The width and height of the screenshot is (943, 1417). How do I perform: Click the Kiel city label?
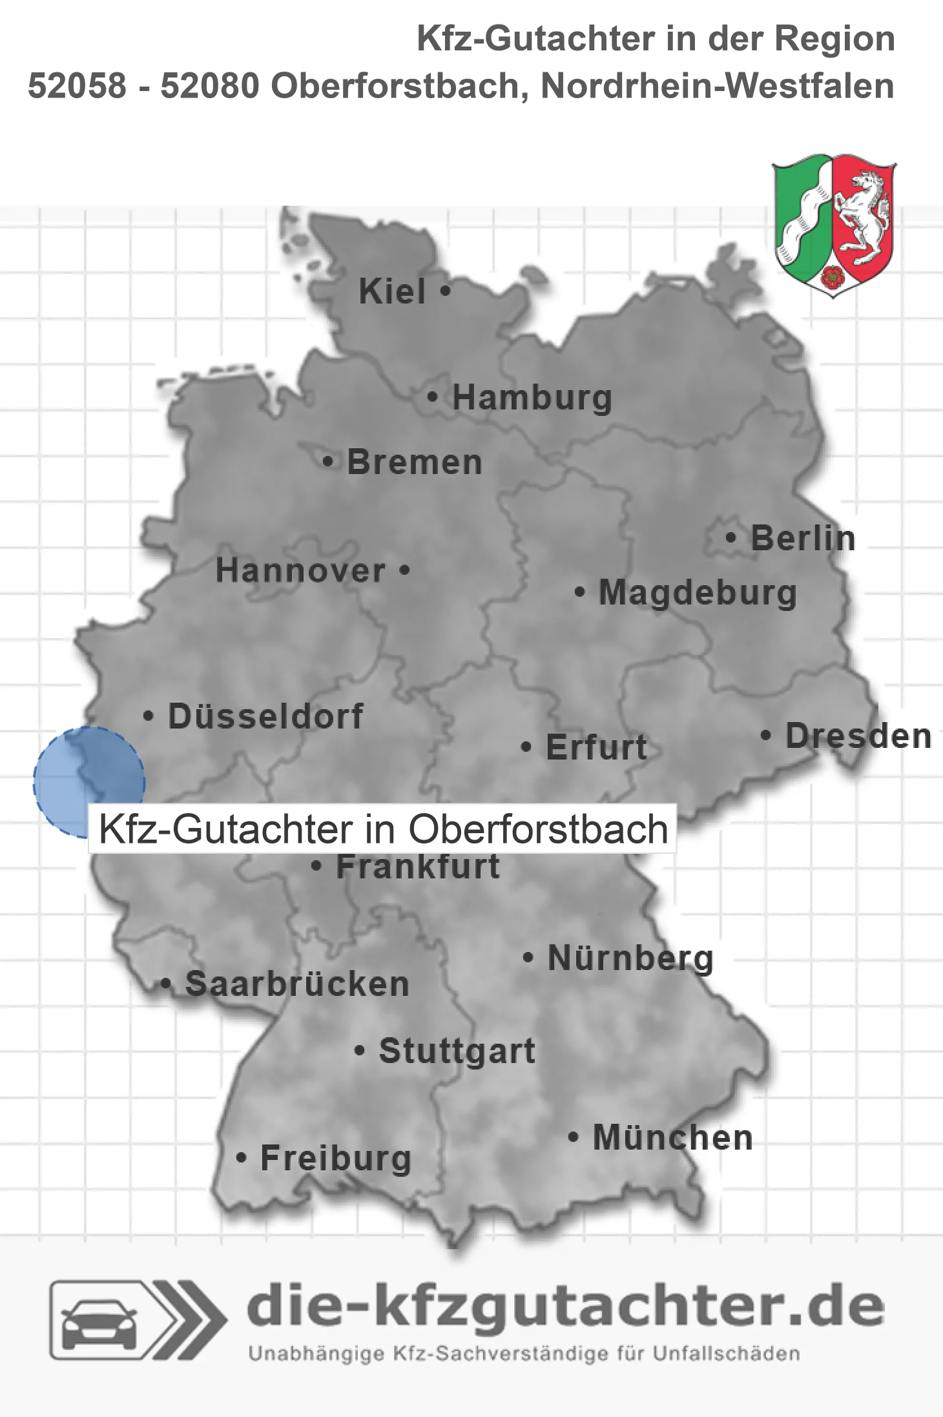[x=392, y=291]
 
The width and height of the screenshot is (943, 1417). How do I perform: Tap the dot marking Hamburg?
[x=432, y=397]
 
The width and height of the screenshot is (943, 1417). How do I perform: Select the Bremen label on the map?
[x=415, y=462]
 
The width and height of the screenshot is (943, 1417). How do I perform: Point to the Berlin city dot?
[x=731, y=537]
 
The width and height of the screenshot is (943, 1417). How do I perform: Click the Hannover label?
[x=300, y=571]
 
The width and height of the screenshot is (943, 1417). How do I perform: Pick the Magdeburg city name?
[x=698, y=593]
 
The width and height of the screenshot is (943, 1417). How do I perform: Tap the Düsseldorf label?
[x=265, y=716]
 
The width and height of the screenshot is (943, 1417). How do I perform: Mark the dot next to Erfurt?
[x=526, y=747]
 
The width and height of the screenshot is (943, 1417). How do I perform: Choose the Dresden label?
[x=858, y=736]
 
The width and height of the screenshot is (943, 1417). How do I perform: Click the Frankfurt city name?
[x=418, y=867]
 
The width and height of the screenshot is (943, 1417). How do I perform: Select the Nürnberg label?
[x=630, y=958]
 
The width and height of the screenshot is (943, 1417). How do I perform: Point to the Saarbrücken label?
[x=297, y=984]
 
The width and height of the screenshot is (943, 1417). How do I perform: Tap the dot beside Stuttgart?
[x=360, y=1051]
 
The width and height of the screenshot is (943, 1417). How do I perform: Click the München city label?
[x=673, y=1137]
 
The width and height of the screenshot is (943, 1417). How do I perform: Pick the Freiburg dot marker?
[x=241, y=1158]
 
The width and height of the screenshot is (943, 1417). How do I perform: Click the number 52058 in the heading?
[x=78, y=86]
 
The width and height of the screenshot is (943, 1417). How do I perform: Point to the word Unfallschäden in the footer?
[x=727, y=1354]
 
